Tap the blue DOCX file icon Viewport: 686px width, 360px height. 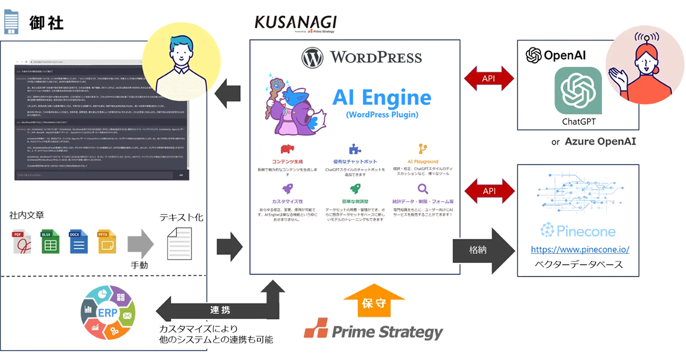78,241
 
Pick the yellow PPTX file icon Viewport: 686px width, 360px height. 106,241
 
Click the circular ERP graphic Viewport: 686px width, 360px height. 107,313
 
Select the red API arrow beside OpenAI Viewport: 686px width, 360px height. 489,77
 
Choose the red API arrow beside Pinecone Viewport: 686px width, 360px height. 489,191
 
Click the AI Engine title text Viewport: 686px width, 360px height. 382,97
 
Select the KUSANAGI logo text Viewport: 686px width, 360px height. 295,23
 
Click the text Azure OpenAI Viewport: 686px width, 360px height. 600,141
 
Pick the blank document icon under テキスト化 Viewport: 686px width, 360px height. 178,245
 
